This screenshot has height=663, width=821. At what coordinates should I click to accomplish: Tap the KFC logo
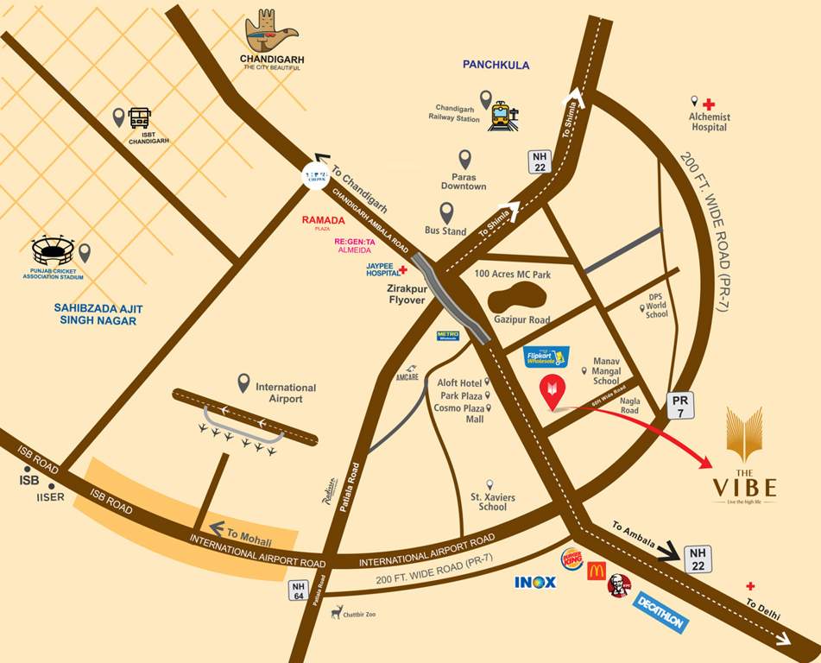(619, 584)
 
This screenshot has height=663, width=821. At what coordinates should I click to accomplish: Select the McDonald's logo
(596, 571)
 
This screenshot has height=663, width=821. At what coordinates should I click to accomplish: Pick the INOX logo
(535, 583)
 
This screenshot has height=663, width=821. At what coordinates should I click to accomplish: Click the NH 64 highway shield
(298, 590)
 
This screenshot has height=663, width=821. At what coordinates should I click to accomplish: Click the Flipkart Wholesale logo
(548, 357)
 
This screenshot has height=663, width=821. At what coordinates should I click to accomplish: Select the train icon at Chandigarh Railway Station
(501, 116)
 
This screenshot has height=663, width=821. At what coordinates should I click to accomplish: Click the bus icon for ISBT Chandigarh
(140, 117)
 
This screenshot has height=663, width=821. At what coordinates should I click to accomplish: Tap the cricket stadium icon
(54, 250)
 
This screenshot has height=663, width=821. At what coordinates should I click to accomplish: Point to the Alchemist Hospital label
(709, 122)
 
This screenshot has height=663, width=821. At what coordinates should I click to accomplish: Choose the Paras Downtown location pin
(464, 159)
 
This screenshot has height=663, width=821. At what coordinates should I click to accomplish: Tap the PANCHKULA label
(496, 65)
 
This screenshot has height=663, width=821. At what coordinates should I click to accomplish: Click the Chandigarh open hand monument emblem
(269, 33)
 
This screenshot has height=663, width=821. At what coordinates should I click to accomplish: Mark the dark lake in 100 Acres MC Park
(515, 299)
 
